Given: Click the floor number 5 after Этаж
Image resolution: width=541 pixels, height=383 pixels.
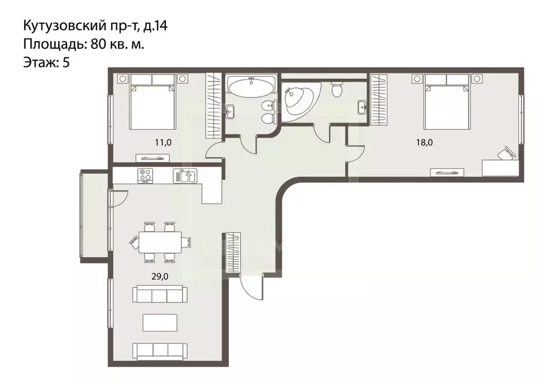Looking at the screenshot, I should (66, 62).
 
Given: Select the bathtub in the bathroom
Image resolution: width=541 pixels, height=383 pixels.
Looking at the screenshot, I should (251, 87).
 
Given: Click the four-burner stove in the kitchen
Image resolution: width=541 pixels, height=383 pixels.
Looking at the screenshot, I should (145, 176).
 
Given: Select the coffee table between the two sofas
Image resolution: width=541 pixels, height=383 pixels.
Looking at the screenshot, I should (160, 321).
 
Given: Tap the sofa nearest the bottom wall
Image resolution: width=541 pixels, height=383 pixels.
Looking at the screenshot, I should (160, 350).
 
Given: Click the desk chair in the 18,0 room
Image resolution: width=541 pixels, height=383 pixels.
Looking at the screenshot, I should (505, 154).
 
